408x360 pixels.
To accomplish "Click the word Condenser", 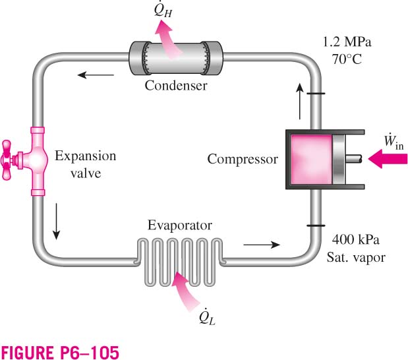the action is (176, 85).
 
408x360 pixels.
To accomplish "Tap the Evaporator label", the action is (180, 225).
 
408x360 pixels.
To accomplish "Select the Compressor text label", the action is (243, 159).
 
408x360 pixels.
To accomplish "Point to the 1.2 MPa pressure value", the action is (347, 42).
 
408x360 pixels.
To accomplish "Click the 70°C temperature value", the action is (347, 59).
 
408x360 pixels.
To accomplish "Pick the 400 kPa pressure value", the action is (356, 239).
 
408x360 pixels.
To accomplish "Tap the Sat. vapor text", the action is (356, 257).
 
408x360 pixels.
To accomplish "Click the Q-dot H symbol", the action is (163, 10).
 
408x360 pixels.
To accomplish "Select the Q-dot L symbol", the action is (207, 316).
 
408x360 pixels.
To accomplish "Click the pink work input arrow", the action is (388, 159).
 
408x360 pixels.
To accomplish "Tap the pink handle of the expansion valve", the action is (6, 160).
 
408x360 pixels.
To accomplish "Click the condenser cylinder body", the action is (176, 58).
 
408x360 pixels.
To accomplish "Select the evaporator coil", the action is (180, 262).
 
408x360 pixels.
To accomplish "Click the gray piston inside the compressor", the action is (338, 160).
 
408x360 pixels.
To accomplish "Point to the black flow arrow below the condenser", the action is (96, 75).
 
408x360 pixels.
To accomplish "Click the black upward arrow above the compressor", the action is (300, 102).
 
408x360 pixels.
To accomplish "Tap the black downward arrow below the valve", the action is (56, 222).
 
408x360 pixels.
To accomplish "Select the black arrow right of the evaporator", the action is (262, 245).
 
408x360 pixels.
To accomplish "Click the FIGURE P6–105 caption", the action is (60, 353).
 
